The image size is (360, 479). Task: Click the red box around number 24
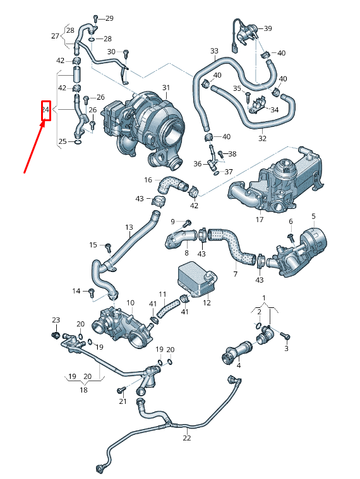pyautogui.click(x=45, y=111)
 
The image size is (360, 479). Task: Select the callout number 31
pyautogui.click(x=166, y=87)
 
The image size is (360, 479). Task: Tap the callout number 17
pyautogui.click(x=260, y=220)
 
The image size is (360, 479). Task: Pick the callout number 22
pyautogui.click(x=187, y=438)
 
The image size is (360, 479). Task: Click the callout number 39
pyautogui.click(x=268, y=29)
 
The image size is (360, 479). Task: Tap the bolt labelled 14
pyautogui.click(x=92, y=291)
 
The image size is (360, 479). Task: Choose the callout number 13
pyautogui.click(x=129, y=227)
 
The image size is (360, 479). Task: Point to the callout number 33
pyautogui.click(x=214, y=51)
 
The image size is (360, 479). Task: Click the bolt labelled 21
pyautogui.click(x=121, y=391)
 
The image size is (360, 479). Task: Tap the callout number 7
pyautogui.click(x=235, y=274)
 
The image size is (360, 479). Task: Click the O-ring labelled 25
pyautogui.click(x=77, y=142)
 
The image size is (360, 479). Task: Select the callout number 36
pyautogui.click(x=198, y=164)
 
